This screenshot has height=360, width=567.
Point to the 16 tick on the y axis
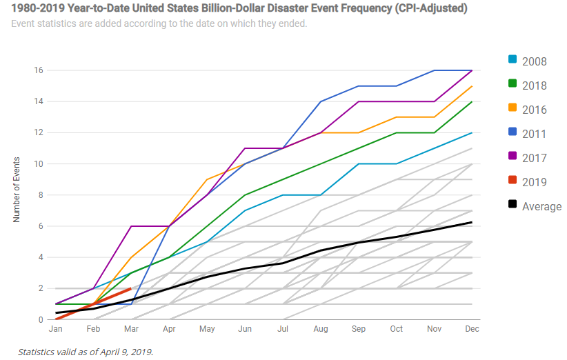pos(39,70)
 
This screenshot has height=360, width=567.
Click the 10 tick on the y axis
pos(39,164)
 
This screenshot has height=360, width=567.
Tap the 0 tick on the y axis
pos(41,319)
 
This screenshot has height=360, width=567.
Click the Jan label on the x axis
pos(56,329)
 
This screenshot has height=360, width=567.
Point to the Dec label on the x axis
pos(472,329)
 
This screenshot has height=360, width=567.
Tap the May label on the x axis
pos(208,329)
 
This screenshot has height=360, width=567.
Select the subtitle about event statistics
pos(159,23)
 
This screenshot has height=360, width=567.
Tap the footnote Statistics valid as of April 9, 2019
pos(85,352)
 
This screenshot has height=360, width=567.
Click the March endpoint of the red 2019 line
pos(131,288)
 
